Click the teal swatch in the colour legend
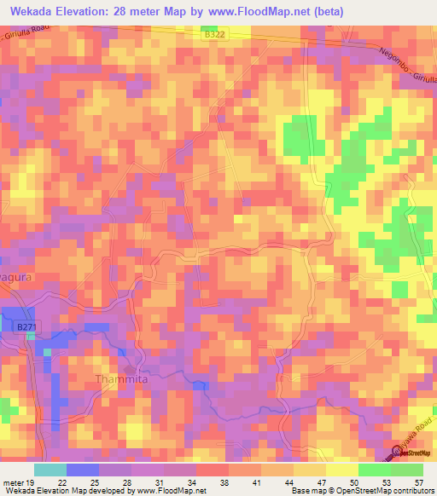coord(50,470)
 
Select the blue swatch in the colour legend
coord(82,470)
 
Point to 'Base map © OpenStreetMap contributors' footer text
coord(363,490)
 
